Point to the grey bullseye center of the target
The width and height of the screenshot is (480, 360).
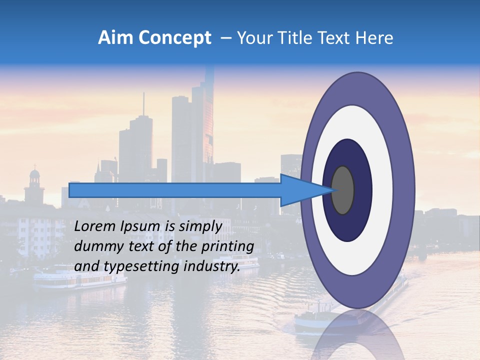coord(343,190)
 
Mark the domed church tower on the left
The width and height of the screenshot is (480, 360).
coord(34,185)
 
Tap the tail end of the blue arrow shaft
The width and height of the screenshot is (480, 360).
coord(71,190)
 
